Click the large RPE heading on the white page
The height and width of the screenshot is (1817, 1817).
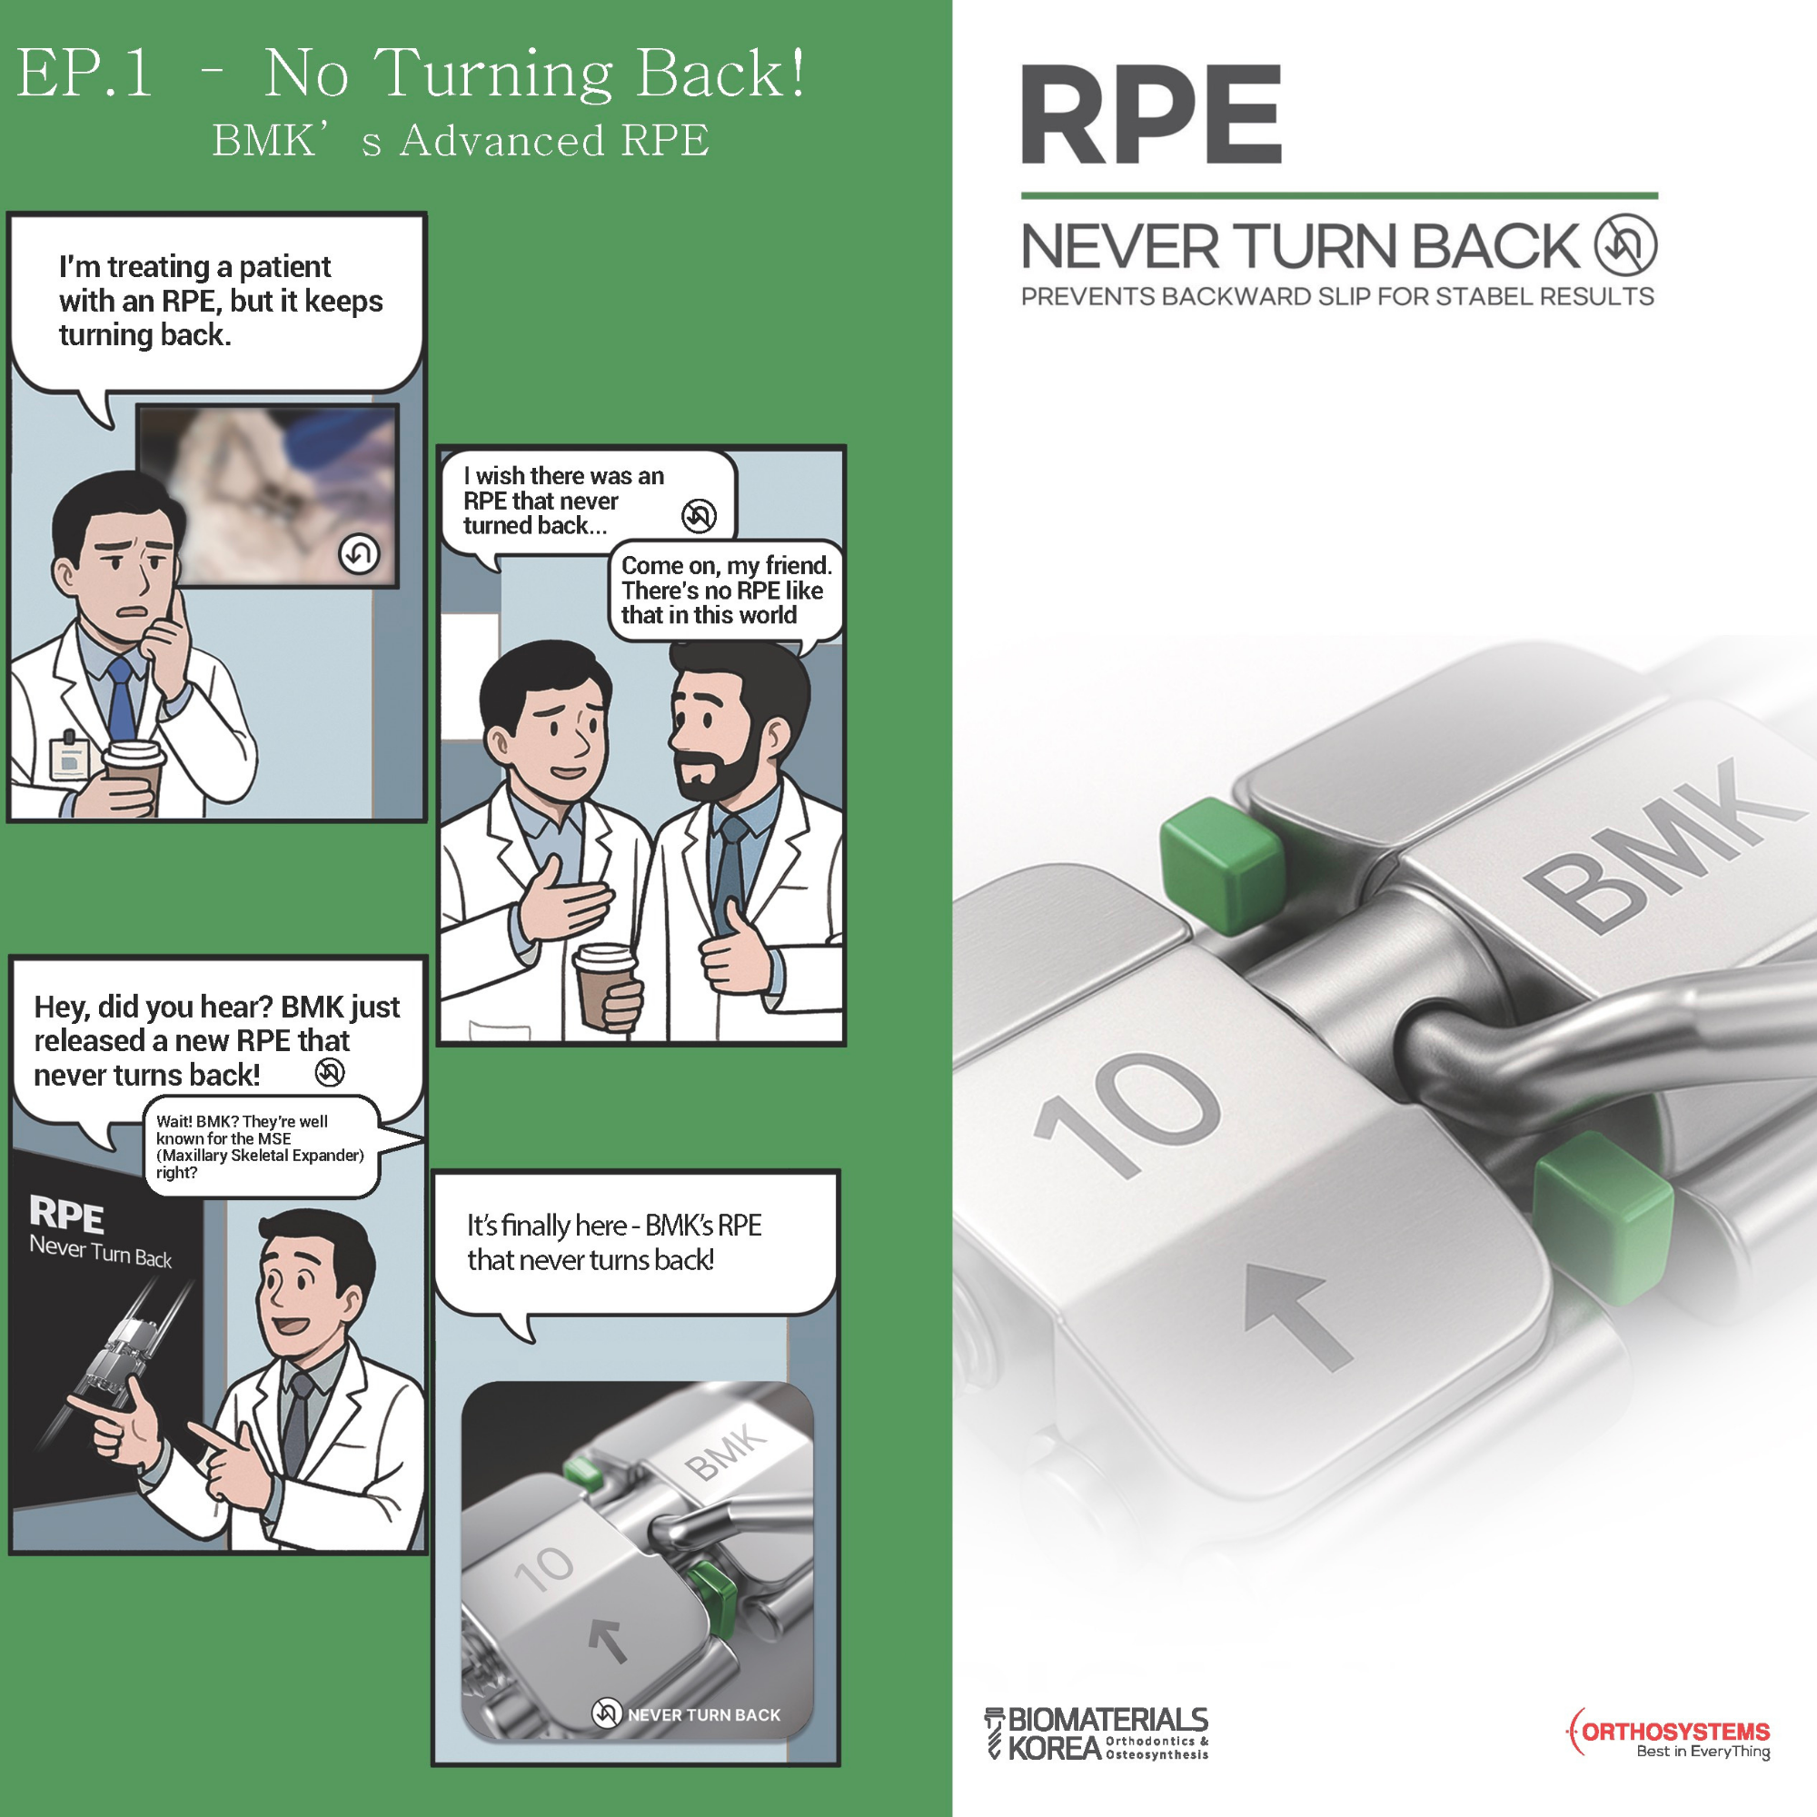(1151, 114)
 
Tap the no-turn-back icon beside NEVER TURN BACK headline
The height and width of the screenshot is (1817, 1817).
(1626, 245)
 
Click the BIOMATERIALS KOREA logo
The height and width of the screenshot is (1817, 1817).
(1096, 1733)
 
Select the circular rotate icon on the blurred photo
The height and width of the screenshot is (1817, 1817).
(359, 553)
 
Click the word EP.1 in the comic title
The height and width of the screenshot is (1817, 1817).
(84, 74)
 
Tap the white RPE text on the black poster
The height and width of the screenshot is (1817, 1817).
(66, 1214)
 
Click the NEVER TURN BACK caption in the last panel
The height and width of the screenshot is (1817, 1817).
(703, 1714)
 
